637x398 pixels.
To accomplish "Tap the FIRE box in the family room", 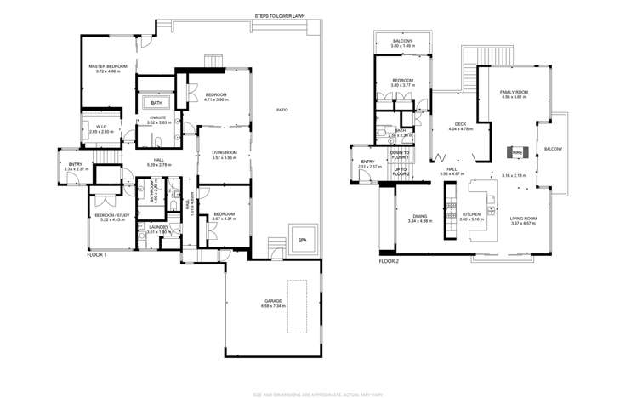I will pyautogui.click(x=516, y=153).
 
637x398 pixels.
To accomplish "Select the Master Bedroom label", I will pyautogui.click(x=111, y=67).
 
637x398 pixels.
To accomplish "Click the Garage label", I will pyautogui.click(x=273, y=303).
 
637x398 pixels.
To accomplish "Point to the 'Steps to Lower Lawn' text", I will pyautogui.click(x=281, y=15).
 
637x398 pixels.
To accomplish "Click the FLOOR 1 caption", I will pyautogui.click(x=97, y=254).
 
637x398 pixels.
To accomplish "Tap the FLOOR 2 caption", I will pyautogui.click(x=389, y=261).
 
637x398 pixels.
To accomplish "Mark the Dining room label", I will pyautogui.click(x=420, y=217).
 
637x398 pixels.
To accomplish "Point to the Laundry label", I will pyautogui.click(x=159, y=228).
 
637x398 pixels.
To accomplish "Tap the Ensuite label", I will pyautogui.click(x=159, y=120).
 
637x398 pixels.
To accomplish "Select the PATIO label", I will pyautogui.click(x=281, y=110).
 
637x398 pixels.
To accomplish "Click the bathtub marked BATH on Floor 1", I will pyautogui.click(x=157, y=103).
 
